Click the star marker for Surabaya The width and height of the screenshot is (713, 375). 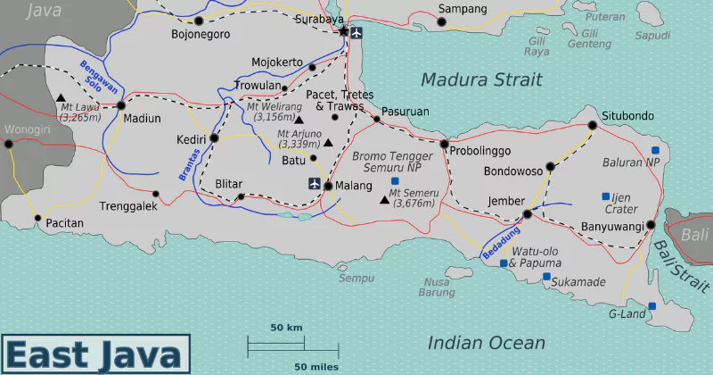[x=344, y=31]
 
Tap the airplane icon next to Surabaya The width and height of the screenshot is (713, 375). [x=358, y=33]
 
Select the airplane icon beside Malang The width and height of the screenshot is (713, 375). [x=314, y=184]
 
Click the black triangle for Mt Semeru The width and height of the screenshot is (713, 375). [x=384, y=199]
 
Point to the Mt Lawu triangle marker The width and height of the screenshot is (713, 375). [x=61, y=98]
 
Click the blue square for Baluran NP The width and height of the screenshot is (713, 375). [x=655, y=150]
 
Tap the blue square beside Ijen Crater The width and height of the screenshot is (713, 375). [x=606, y=196]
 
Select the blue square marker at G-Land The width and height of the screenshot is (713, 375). [x=652, y=306]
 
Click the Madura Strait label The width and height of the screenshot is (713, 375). [x=480, y=79]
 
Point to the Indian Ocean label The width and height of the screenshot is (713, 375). [x=486, y=343]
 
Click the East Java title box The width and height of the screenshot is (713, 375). [x=95, y=354]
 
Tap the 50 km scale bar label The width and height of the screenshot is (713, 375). [x=286, y=328]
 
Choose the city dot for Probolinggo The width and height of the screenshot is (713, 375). [x=444, y=144]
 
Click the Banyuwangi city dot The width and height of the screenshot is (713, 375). [x=651, y=225]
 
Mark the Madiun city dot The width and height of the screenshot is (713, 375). [x=121, y=105]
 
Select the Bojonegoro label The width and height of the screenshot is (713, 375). [x=201, y=35]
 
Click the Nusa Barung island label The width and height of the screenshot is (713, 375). [x=437, y=287]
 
